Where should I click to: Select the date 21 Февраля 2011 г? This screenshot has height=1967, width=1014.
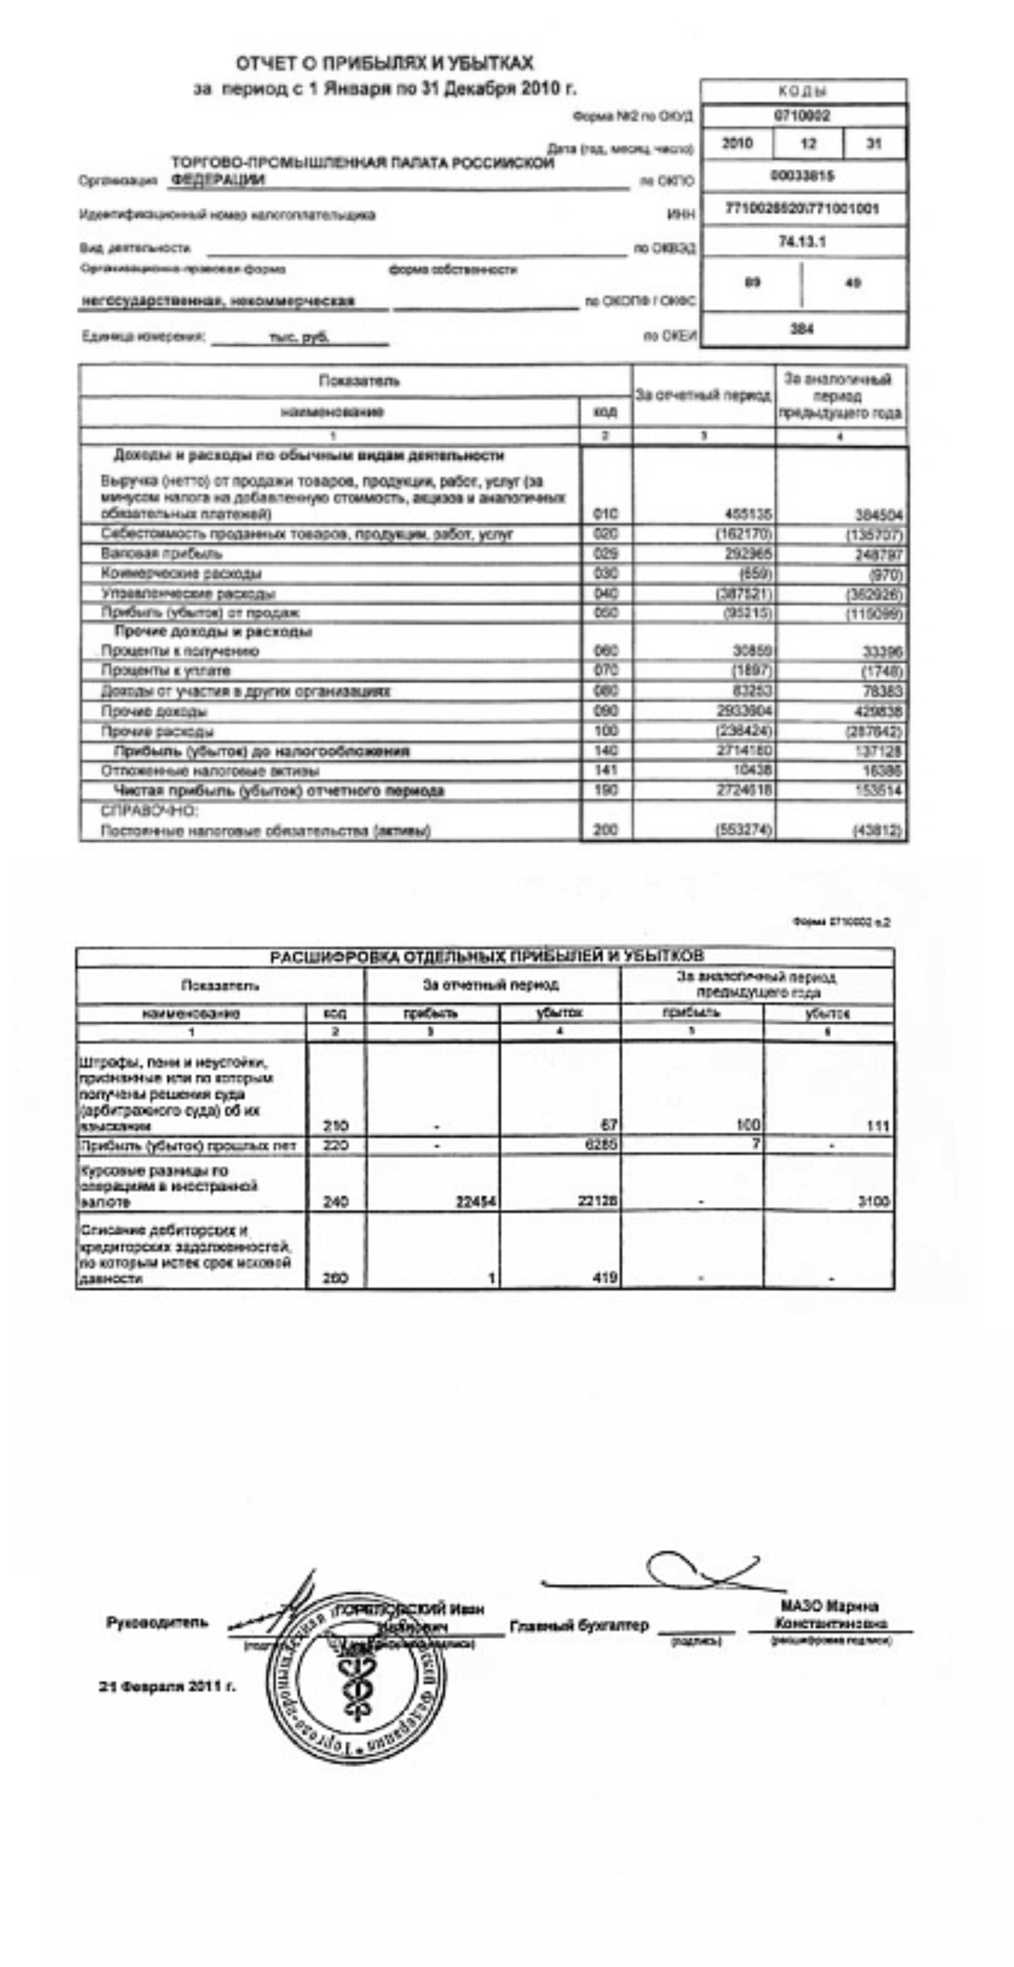click(x=167, y=1686)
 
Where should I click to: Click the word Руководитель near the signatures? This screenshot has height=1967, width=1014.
click(x=157, y=1623)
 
